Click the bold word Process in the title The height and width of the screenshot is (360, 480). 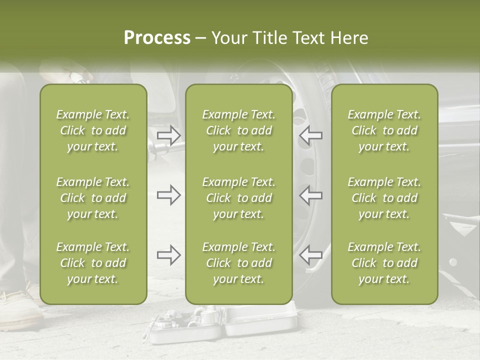pyautogui.click(x=157, y=38)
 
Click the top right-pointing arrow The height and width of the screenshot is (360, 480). pyautogui.click(x=168, y=135)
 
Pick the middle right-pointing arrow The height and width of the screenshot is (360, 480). pyautogui.click(x=168, y=195)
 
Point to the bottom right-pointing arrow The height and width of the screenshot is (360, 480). pyautogui.click(x=168, y=255)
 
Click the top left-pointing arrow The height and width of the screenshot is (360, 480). pyautogui.click(x=310, y=135)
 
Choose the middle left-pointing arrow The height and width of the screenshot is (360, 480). pyautogui.click(x=310, y=195)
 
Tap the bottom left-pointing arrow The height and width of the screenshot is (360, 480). pyautogui.click(x=310, y=255)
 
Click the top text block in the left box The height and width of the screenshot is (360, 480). pyautogui.click(x=93, y=130)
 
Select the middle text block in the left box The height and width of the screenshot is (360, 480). pyautogui.click(x=93, y=198)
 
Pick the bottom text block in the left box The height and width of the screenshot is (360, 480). pyautogui.click(x=93, y=263)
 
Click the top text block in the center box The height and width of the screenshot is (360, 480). pyautogui.click(x=239, y=130)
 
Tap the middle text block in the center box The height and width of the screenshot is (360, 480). pyautogui.click(x=239, y=198)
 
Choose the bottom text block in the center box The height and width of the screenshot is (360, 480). pyautogui.click(x=239, y=263)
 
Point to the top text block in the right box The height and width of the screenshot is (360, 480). pyautogui.click(x=384, y=130)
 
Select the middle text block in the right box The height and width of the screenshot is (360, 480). pyautogui.click(x=384, y=198)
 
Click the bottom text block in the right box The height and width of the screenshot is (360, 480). pyautogui.click(x=384, y=263)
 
